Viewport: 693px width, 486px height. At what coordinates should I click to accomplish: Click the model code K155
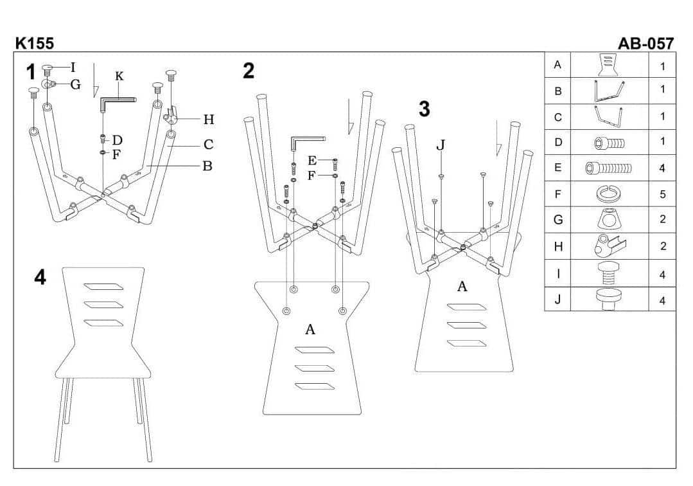click(x=35, y=44)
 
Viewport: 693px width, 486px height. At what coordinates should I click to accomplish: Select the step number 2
click(x=249, y=71)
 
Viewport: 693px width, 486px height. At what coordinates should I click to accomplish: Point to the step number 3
click(x=424, y=110)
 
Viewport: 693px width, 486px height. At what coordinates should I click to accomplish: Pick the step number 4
click(x=40, y=277)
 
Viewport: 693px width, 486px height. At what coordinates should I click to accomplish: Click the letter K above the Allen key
click(x=119, y=76)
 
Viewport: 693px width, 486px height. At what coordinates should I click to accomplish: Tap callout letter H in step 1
click(x=208, y=119)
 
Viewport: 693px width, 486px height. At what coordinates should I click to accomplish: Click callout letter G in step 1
click(x=75, y=84)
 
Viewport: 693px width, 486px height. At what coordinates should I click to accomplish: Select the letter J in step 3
click(x=441, y=145)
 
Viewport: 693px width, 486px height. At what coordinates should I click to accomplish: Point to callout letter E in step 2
click(x=312, y=160)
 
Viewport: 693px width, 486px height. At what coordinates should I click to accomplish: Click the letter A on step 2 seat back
click(x=310, y=330)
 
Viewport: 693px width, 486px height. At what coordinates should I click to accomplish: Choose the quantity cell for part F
click(x=662, y=194)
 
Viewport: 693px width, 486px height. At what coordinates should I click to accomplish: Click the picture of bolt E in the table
click(x=609, y=168)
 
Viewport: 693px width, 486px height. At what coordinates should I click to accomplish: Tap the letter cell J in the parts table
click(x=557, y=299)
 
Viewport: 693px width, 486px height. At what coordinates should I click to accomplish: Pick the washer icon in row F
click(x=609, y=193)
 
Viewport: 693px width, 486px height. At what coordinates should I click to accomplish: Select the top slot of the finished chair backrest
click(x=103, y=286)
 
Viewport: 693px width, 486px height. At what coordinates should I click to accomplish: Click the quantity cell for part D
click(x=662, y=141)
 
